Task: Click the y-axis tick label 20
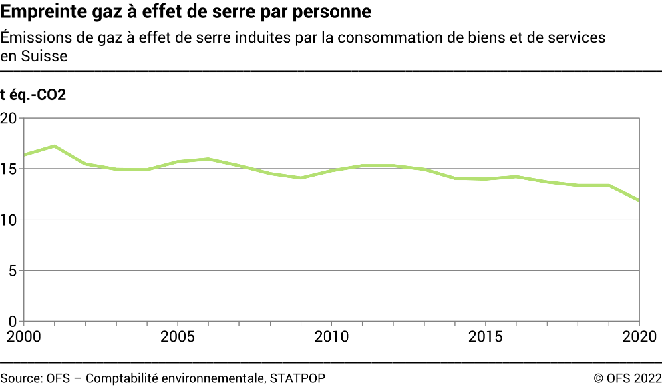(8, 119)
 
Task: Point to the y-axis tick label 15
(8, 169)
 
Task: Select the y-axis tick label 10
(8, 220)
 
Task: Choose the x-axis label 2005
(178, 336)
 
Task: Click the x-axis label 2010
(332, 336)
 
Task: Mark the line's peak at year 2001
(55, 146)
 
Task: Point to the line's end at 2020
(640, 200)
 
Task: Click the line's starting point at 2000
(24, 155)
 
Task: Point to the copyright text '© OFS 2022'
(627, 378)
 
